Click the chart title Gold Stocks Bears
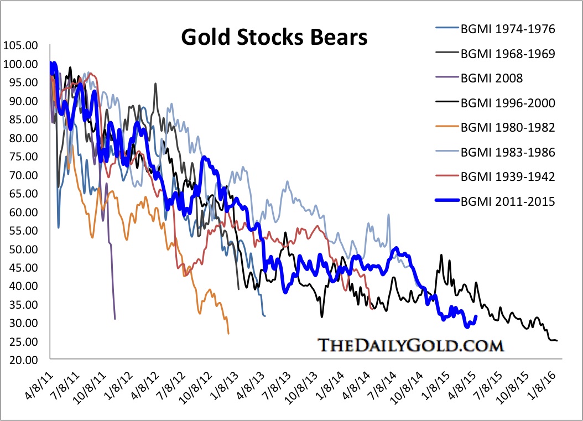(x=274, y=38)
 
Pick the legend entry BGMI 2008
(x=492, y=79)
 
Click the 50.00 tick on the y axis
(x=19, y=249)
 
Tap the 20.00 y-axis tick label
(x=19, y=360)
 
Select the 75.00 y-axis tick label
(x=19, y=157)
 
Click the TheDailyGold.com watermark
(x=410, y=345)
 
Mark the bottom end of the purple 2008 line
(x=114, y=319)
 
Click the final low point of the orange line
(x=228, y=334)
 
